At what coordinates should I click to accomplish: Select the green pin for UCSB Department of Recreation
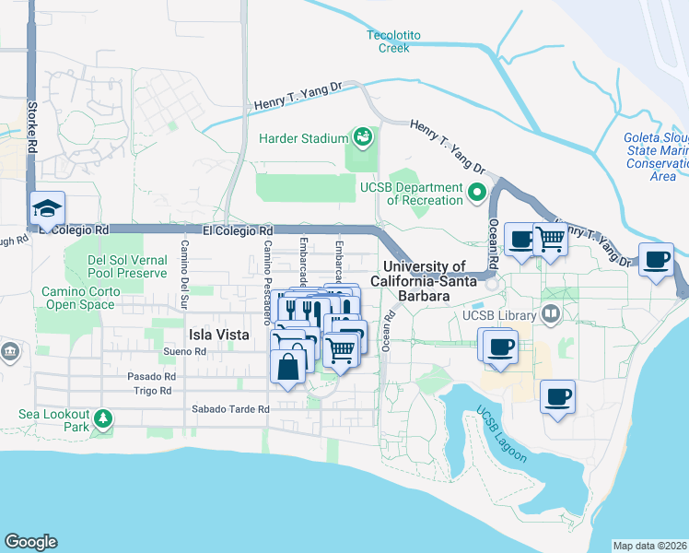click(x=477, y=194)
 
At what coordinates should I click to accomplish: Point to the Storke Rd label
click(x=32, y=127)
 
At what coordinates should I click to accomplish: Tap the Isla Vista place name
click(x=218, y=335)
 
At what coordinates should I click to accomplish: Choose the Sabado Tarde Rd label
click(x=230, y=408)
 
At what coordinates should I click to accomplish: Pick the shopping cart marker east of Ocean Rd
click(x=551, y=240)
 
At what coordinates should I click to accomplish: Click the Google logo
click(x=30, y=542)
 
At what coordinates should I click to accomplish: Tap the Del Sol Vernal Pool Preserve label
click(x=127, y=266)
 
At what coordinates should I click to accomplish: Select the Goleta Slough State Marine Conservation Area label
click(x=655, y=157)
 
